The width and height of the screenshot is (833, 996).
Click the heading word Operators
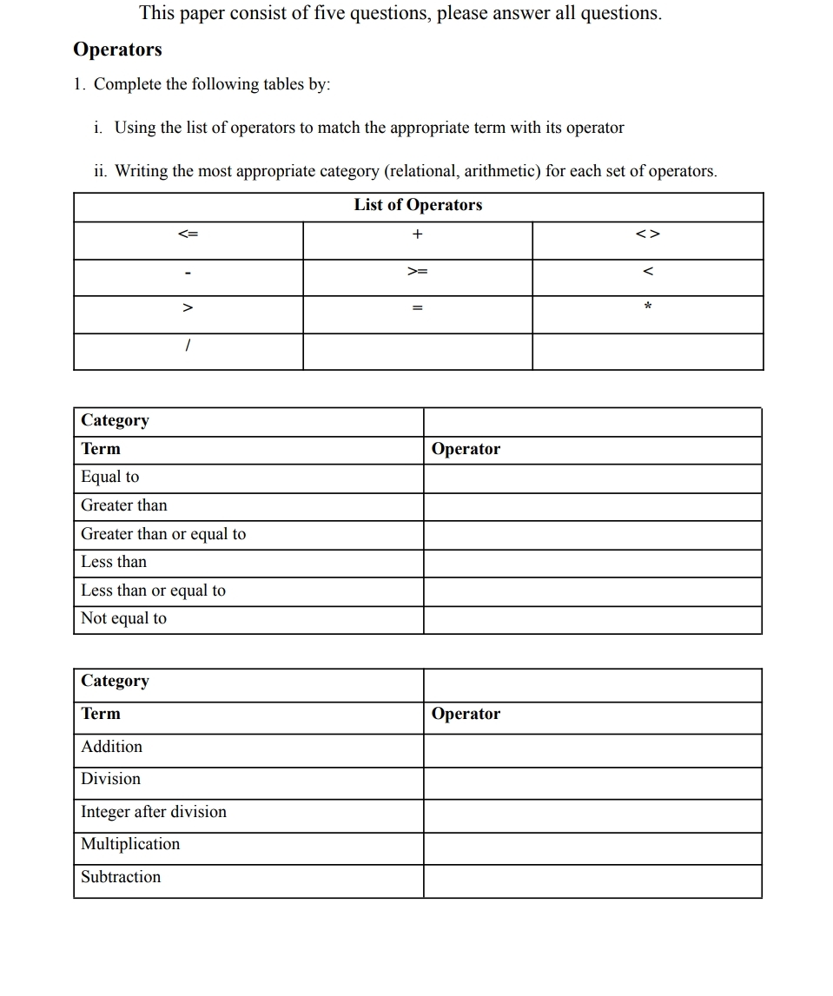[x=117, y=49]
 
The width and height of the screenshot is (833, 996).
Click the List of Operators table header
[x=418, y=205]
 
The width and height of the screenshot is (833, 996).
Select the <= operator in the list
[x=188, y=234]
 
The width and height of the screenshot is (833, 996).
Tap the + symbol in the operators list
[x=418, y=234]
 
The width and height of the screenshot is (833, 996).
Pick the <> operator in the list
[x=648, y=234]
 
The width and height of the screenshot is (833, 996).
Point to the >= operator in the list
[x=418, y=272]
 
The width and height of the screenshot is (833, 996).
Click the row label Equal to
[x=109, y=477]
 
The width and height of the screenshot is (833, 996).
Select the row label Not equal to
[x=123, y=618]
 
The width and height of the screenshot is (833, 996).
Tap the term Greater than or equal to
[x=163, y=534]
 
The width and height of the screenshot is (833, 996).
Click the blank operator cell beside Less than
[x=592, y=563]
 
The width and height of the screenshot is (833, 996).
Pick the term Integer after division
[x=154, y=812]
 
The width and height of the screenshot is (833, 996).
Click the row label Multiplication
[x=130, y=844]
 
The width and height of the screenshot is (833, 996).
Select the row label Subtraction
[x=121, y=877]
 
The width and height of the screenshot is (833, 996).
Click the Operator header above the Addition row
[x=466, y=714]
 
